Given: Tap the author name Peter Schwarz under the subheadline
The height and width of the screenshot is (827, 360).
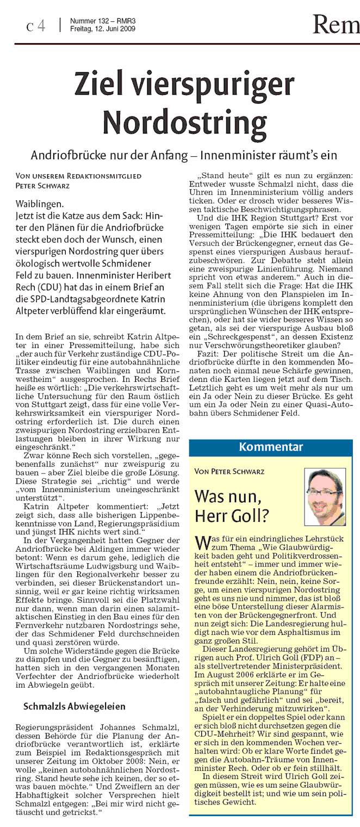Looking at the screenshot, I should coord(39,185).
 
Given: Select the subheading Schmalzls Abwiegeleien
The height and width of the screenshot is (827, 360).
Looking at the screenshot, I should coord(75,706).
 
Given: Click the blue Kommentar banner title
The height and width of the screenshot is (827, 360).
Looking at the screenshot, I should coord(271,447).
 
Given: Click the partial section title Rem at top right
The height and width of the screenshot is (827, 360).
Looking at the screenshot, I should coord(336,24).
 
